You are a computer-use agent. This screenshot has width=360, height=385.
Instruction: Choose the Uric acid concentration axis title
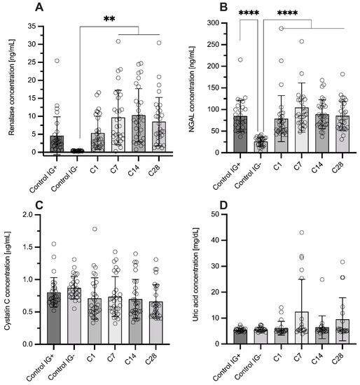(x=197, y=279)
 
